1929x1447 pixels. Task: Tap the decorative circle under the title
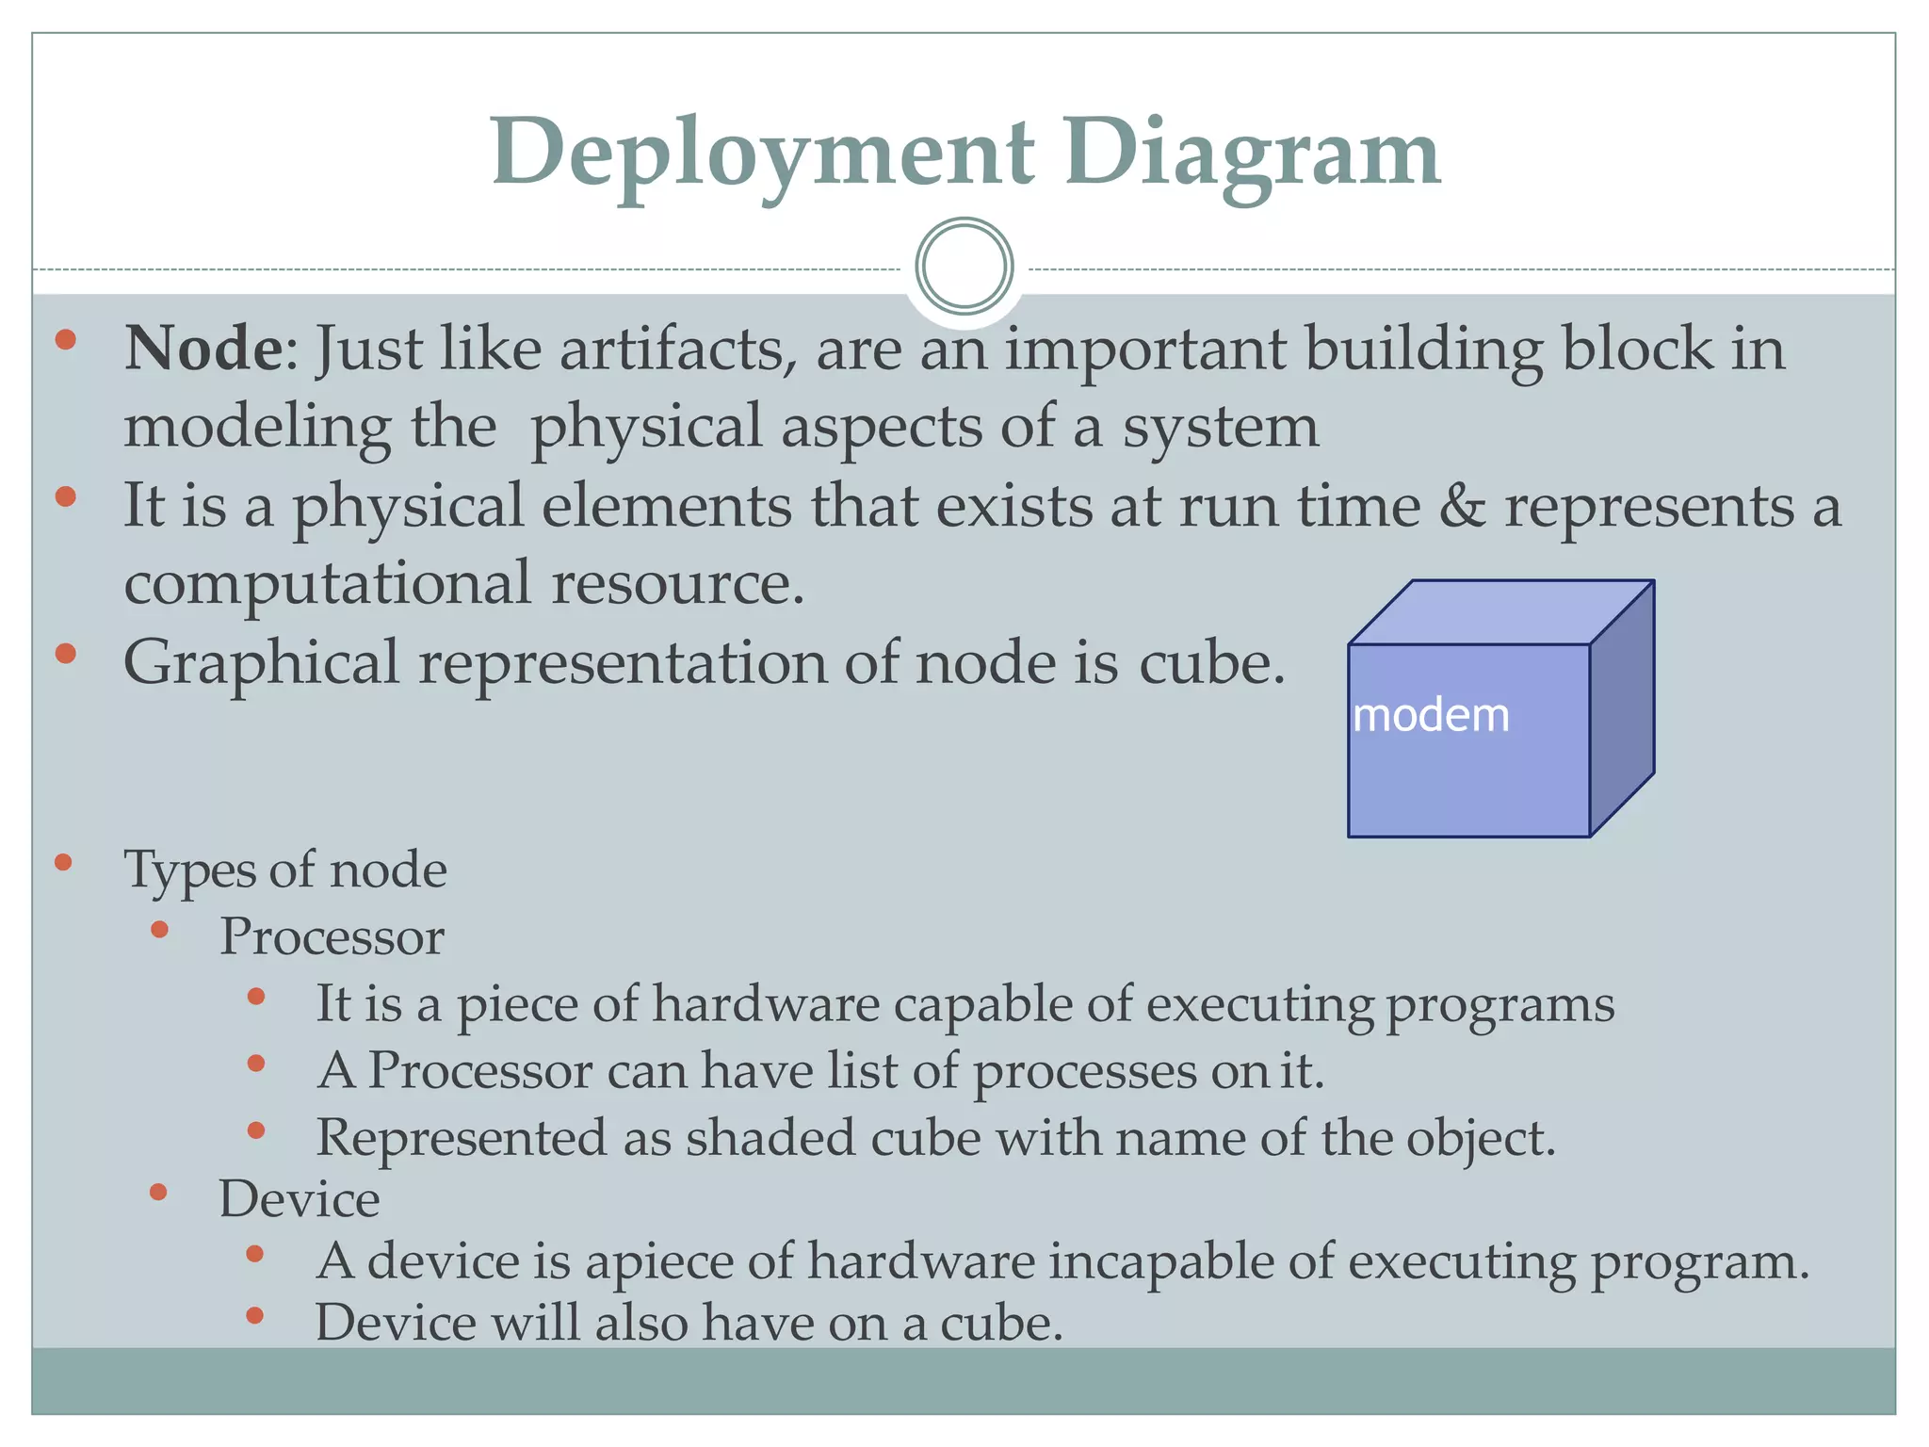pos(964,267)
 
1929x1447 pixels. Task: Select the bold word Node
pos(203,349)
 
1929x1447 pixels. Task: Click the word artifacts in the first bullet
pos(672,349)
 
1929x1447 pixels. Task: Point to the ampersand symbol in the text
pos(1461,506)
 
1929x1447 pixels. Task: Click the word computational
pos(327,583)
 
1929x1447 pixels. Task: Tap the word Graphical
pos(261,663)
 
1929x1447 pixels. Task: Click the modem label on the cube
pos(1430,716)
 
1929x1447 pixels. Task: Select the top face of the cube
pos(1499,613)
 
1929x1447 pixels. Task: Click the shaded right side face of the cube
pos(1622,708)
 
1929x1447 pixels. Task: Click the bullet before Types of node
pos(64,862)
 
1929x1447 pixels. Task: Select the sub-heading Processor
pos(332,937)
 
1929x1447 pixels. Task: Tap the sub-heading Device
pos(300,1200)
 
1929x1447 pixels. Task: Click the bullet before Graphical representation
pos(65,654)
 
